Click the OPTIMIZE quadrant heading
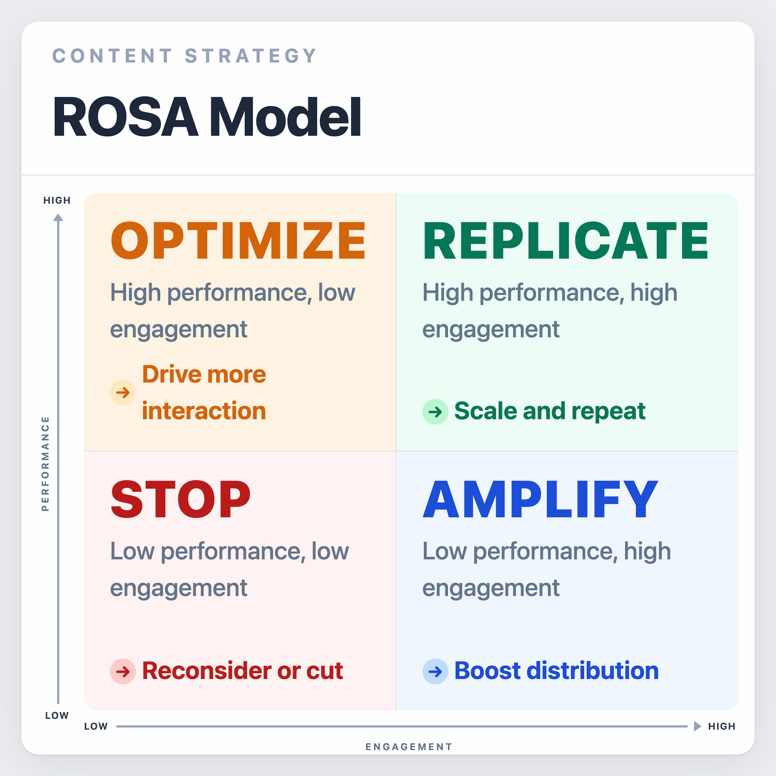point(238,241)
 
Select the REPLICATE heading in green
point(565,241)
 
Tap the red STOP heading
point(180,500)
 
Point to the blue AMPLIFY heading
point(540,500)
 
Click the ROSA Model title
point(207,117)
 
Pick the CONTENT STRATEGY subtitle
point(185,56)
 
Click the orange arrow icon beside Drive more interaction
point(123,392)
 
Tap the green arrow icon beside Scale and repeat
point(435,412)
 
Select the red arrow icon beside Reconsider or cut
point(123,671)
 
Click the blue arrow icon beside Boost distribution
point(435,671)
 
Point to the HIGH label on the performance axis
point(57,200)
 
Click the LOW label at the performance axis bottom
point(57,715)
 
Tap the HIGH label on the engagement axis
point(721,726)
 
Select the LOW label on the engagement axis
point(96,726)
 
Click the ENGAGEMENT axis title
point(409,747)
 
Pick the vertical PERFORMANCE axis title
point(45,464)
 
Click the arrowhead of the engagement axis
point(697,726)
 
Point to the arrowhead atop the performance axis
point(58,218)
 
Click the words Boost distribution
point(556,671)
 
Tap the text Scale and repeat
point(550,411)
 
